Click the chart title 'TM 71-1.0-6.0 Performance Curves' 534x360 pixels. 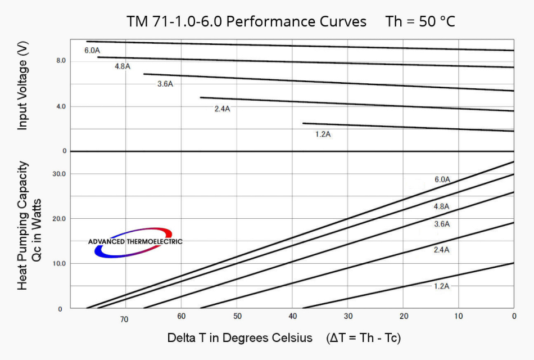(246, 22)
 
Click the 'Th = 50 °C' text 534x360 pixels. (420, 22)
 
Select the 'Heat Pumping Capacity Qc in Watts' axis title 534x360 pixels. (29, 226)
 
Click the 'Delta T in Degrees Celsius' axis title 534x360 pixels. (240, 338)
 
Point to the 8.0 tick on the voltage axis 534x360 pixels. (61, 61)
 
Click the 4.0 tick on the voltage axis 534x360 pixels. (61, 106)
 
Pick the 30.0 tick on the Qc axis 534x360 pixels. (59, 174)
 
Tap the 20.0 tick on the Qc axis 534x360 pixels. (59, 219)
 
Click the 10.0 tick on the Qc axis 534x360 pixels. (59, 264)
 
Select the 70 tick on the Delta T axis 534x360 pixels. (124, 319)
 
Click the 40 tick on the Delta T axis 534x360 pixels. (292, 316)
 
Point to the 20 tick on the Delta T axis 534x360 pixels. (404, 316)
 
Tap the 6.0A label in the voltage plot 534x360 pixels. (92, 51)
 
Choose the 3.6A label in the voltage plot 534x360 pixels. (165, 84)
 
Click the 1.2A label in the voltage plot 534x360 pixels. (323, 134)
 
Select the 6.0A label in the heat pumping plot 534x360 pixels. (442, 179)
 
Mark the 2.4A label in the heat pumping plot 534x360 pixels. (441, 250)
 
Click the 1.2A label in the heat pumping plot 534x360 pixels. (441, 286)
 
